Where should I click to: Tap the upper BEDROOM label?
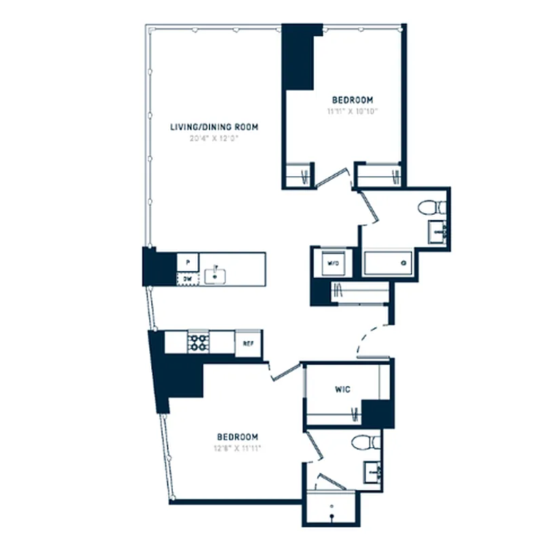pyautogui.click(x=352, y=100)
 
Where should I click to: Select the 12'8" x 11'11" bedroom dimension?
pyautogui.click(x=237, y=448)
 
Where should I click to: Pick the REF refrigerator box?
pyautogui.click(x=248, y=343)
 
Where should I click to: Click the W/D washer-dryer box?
pyautogui.click(x=333, y=262)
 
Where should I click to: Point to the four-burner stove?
pyautogui.click(x=199, y=342)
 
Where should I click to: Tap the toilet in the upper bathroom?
pyautogui.click(x=430, y=206)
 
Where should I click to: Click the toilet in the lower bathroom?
pyautogui.click(x=367, y=442)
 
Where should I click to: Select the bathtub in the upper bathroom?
pyautogui.click(x=388, y=262)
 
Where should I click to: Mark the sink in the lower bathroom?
pyautogui.click(x=372, y=470)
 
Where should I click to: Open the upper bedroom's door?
pyautogui.click(x=334, y=175)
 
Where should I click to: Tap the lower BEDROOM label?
pyautogui.click(x=237, y=436)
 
